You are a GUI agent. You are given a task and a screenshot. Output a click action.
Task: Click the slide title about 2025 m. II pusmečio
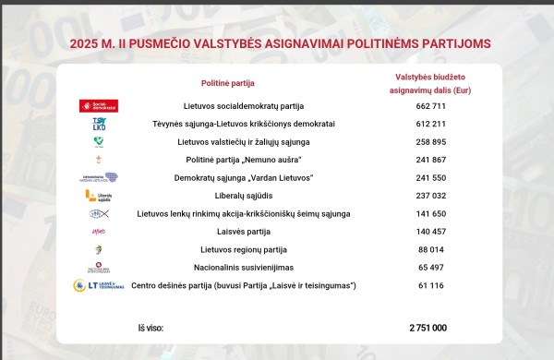coord(280,42)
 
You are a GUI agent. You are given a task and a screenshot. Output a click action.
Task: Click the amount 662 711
coord(427,106)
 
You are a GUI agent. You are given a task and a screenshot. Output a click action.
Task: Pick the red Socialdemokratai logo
coord(99,106)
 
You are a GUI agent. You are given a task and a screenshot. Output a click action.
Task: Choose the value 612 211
coord(427,124)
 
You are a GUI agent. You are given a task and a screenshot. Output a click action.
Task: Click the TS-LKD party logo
coord(99,124)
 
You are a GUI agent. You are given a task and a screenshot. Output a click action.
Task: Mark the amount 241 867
coord(427,160)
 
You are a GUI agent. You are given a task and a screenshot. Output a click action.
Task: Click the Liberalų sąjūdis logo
coord(99,196)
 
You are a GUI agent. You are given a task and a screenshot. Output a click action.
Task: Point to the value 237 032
coord(427,196)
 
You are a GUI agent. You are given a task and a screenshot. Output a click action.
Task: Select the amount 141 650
coord(427,213)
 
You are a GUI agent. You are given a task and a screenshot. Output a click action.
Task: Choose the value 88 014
coord(427,249)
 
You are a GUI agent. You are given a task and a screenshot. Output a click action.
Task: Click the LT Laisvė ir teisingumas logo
coord(99,286)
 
